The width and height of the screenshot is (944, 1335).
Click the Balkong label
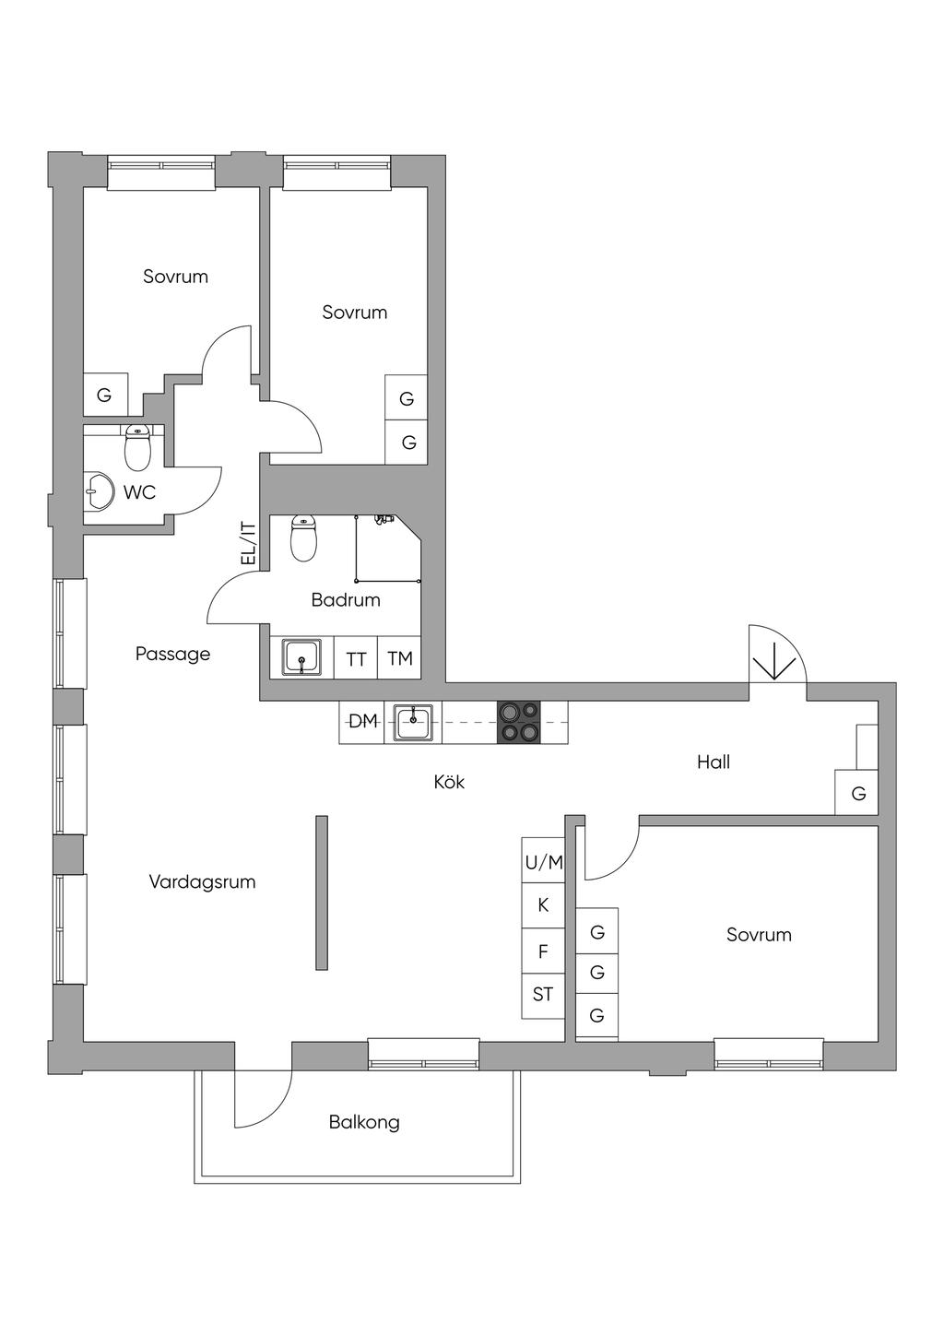pyautogui.click(x=364, y=1123)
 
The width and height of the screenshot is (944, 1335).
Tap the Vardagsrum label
pyautogui.click(x=202, y=882)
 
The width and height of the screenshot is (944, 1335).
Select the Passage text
pyautogui.click(x=172, y=655)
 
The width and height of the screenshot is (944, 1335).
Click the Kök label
pyautogui.click(x=449, y=781)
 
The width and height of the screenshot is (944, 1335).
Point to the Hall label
pyautogui.click(x=714, y=762)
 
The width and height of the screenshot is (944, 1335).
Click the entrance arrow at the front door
pyautogui.click(x=774, y=668)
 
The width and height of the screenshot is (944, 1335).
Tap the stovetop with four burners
pyautogui.click(x=518, y=722)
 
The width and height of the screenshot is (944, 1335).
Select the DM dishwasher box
pyautogui.click(x=362, y=722)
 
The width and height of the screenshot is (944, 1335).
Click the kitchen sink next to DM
pyautogui.click(x=413, y=722)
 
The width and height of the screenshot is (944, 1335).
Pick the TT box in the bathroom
pyautogui.click(x=357, y=658)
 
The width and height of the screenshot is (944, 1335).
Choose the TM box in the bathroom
pyautogui.click(x=400, y=658)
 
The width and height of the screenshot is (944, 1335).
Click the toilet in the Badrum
pyautogui.click(x=304, y=538)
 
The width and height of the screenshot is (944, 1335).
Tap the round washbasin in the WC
pyautogui.click(x=99, y=492)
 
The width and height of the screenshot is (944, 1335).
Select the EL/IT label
pyautogui.click(x=247, y=544)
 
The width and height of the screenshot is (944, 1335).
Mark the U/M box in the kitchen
pyautogui.click(x=543, y=861)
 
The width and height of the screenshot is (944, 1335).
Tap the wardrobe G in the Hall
pyautogui.click(x=856, y=793)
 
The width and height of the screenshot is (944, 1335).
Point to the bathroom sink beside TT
pyautogui.click(x=301, y=658)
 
